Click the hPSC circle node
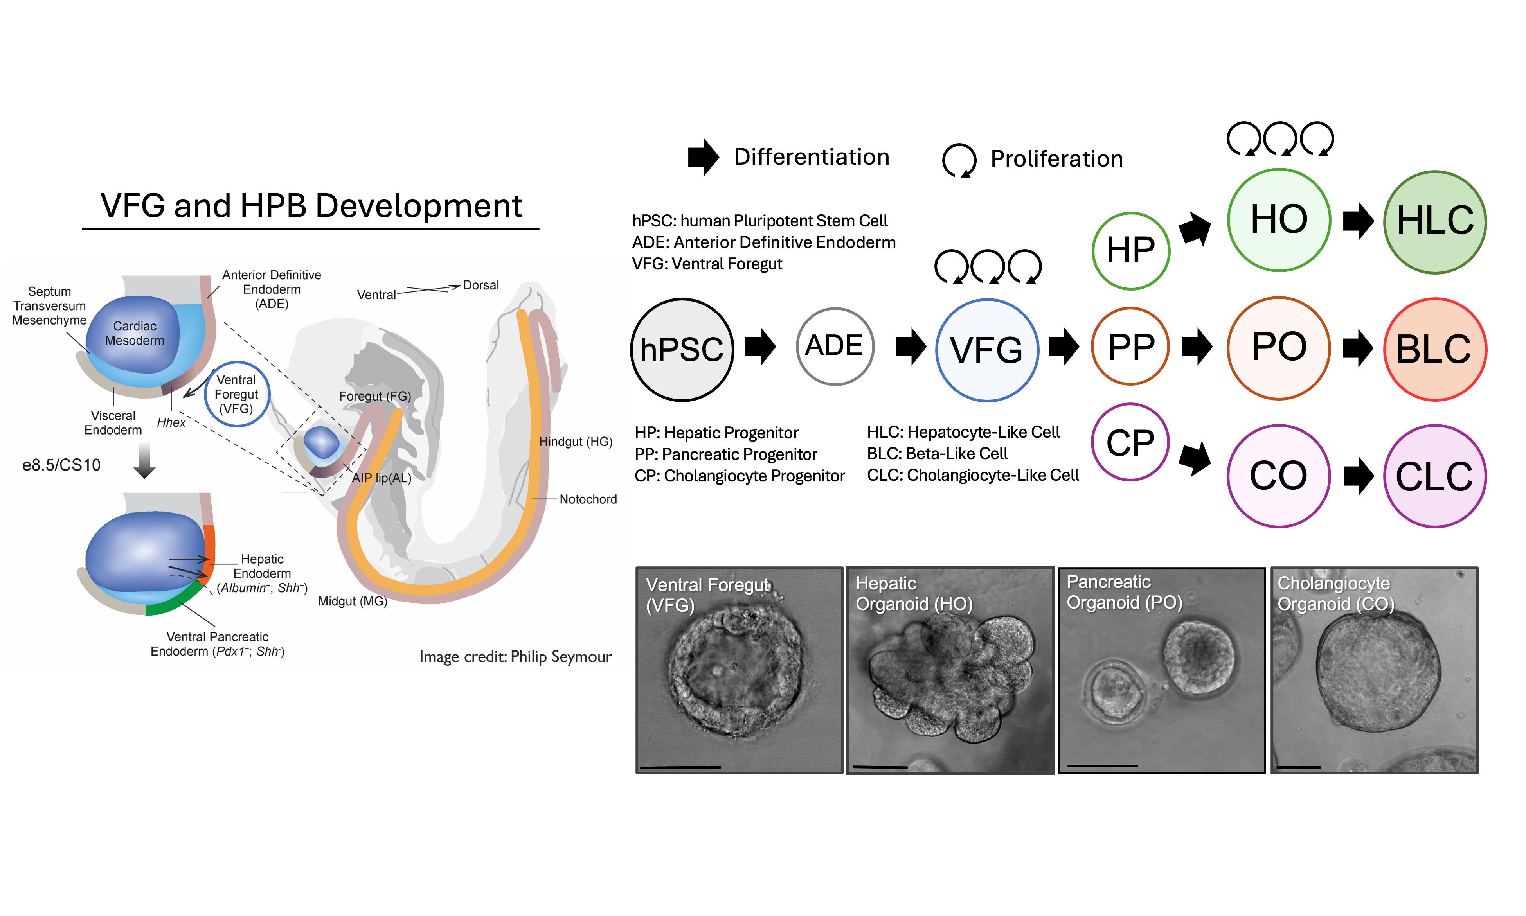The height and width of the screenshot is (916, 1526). click(x=682, y=350)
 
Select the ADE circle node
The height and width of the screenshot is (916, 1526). click(x=835, y=346)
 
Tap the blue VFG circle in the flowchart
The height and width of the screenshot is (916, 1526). click(x=986, y=350)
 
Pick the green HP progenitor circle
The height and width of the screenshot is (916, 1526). click(x=1130, y=251)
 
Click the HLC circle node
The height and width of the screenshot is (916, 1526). click(x=1435, y=222)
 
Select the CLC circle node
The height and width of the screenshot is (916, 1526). click(x=1435, y=476)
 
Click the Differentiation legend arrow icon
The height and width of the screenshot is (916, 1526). click(x=703, y=157)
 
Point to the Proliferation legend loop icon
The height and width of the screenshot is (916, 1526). click(x=959, y=160)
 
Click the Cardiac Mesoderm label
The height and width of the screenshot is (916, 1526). click(x=135, y=333)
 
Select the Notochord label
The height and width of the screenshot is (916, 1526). click(x=588, y=499)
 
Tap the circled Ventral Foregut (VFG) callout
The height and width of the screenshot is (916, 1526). click(x=236, y=394)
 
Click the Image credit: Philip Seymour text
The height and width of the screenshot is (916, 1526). click(x=515, y=657)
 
